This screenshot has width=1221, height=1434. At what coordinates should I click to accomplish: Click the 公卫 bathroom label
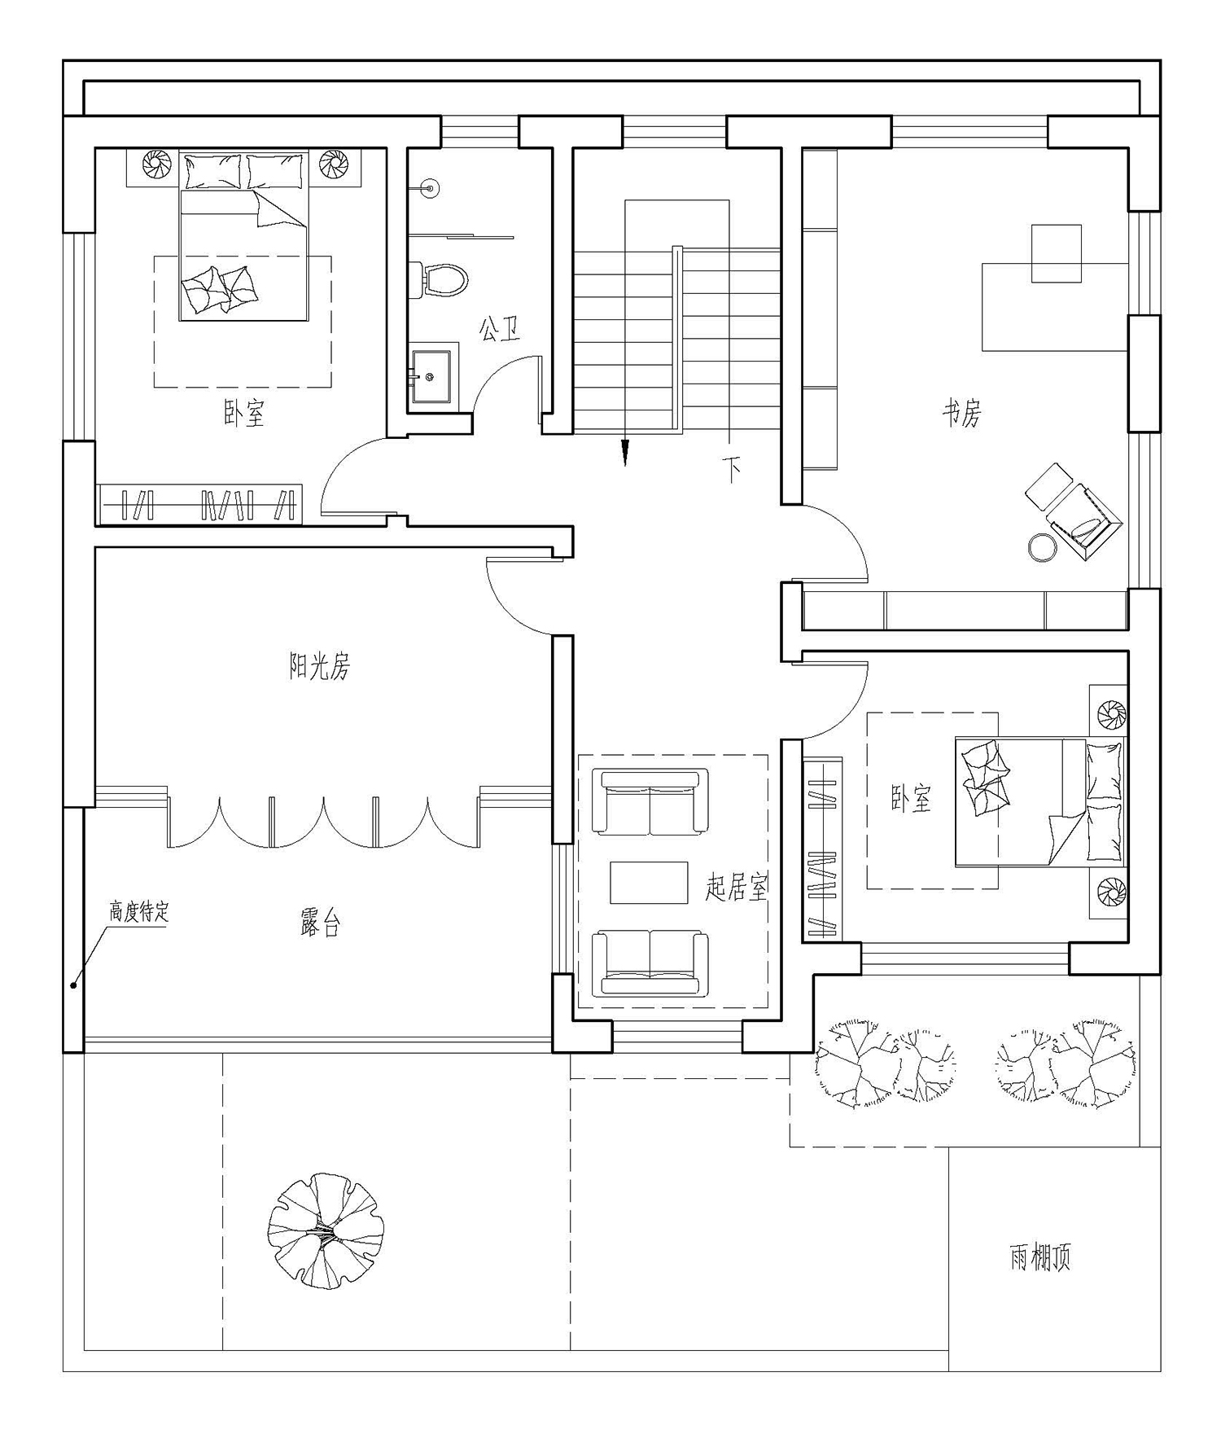tap(499, 329)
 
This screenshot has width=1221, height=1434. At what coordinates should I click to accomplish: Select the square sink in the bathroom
tap(431, 376)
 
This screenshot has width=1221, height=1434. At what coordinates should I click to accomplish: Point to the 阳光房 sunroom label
tap(320, 668)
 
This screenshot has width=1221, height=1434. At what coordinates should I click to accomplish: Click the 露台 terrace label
tap(320, 924)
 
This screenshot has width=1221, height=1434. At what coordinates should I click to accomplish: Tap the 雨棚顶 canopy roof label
tap(1040, 1258)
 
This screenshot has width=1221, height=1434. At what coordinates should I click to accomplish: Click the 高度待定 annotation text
tap(139, 912)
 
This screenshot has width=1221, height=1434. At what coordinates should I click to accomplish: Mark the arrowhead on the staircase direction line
tap(624, 452)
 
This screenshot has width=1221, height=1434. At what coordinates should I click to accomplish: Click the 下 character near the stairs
tap(732, 469)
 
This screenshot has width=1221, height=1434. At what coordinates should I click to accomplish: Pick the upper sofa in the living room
tap(650, 802)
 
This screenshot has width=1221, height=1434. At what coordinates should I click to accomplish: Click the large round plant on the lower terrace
tap(326, 1230)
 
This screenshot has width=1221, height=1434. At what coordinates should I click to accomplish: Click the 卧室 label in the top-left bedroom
tap(244, 413)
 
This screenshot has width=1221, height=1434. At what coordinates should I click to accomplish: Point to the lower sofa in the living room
tap(650, 963)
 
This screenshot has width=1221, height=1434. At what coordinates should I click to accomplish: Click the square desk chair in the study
tap(1057, 253)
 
